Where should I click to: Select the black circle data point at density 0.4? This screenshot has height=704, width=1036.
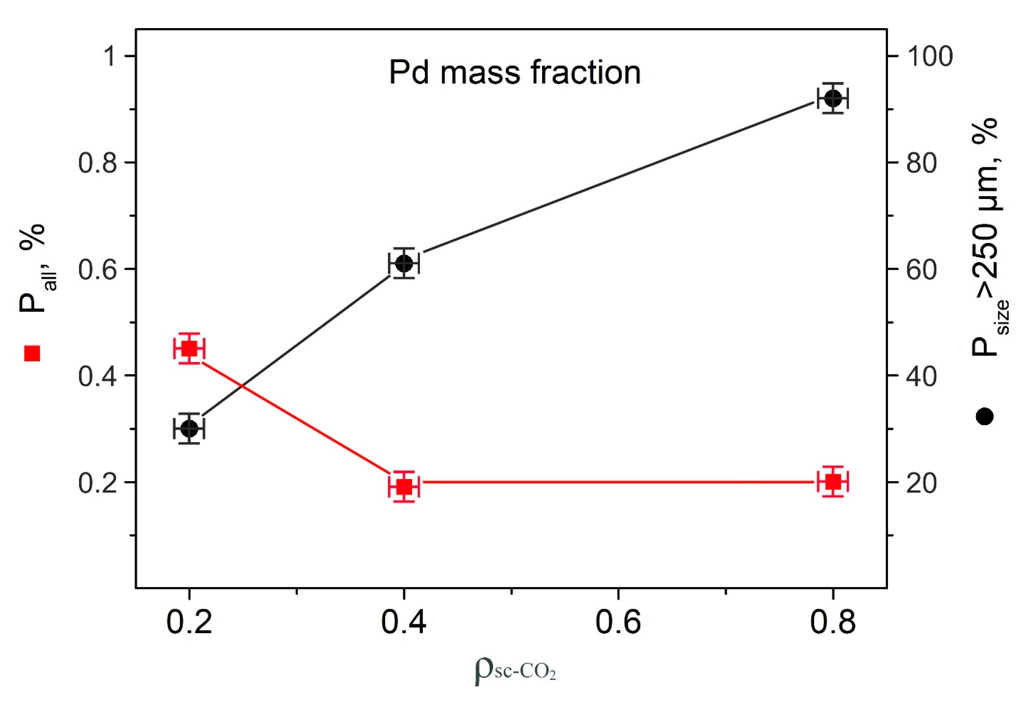[404, 263]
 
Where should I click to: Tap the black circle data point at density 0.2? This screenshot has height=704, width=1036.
[189, 429]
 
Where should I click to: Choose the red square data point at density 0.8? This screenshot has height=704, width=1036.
[832, 482]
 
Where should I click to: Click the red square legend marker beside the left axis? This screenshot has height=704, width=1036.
[32, 353]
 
